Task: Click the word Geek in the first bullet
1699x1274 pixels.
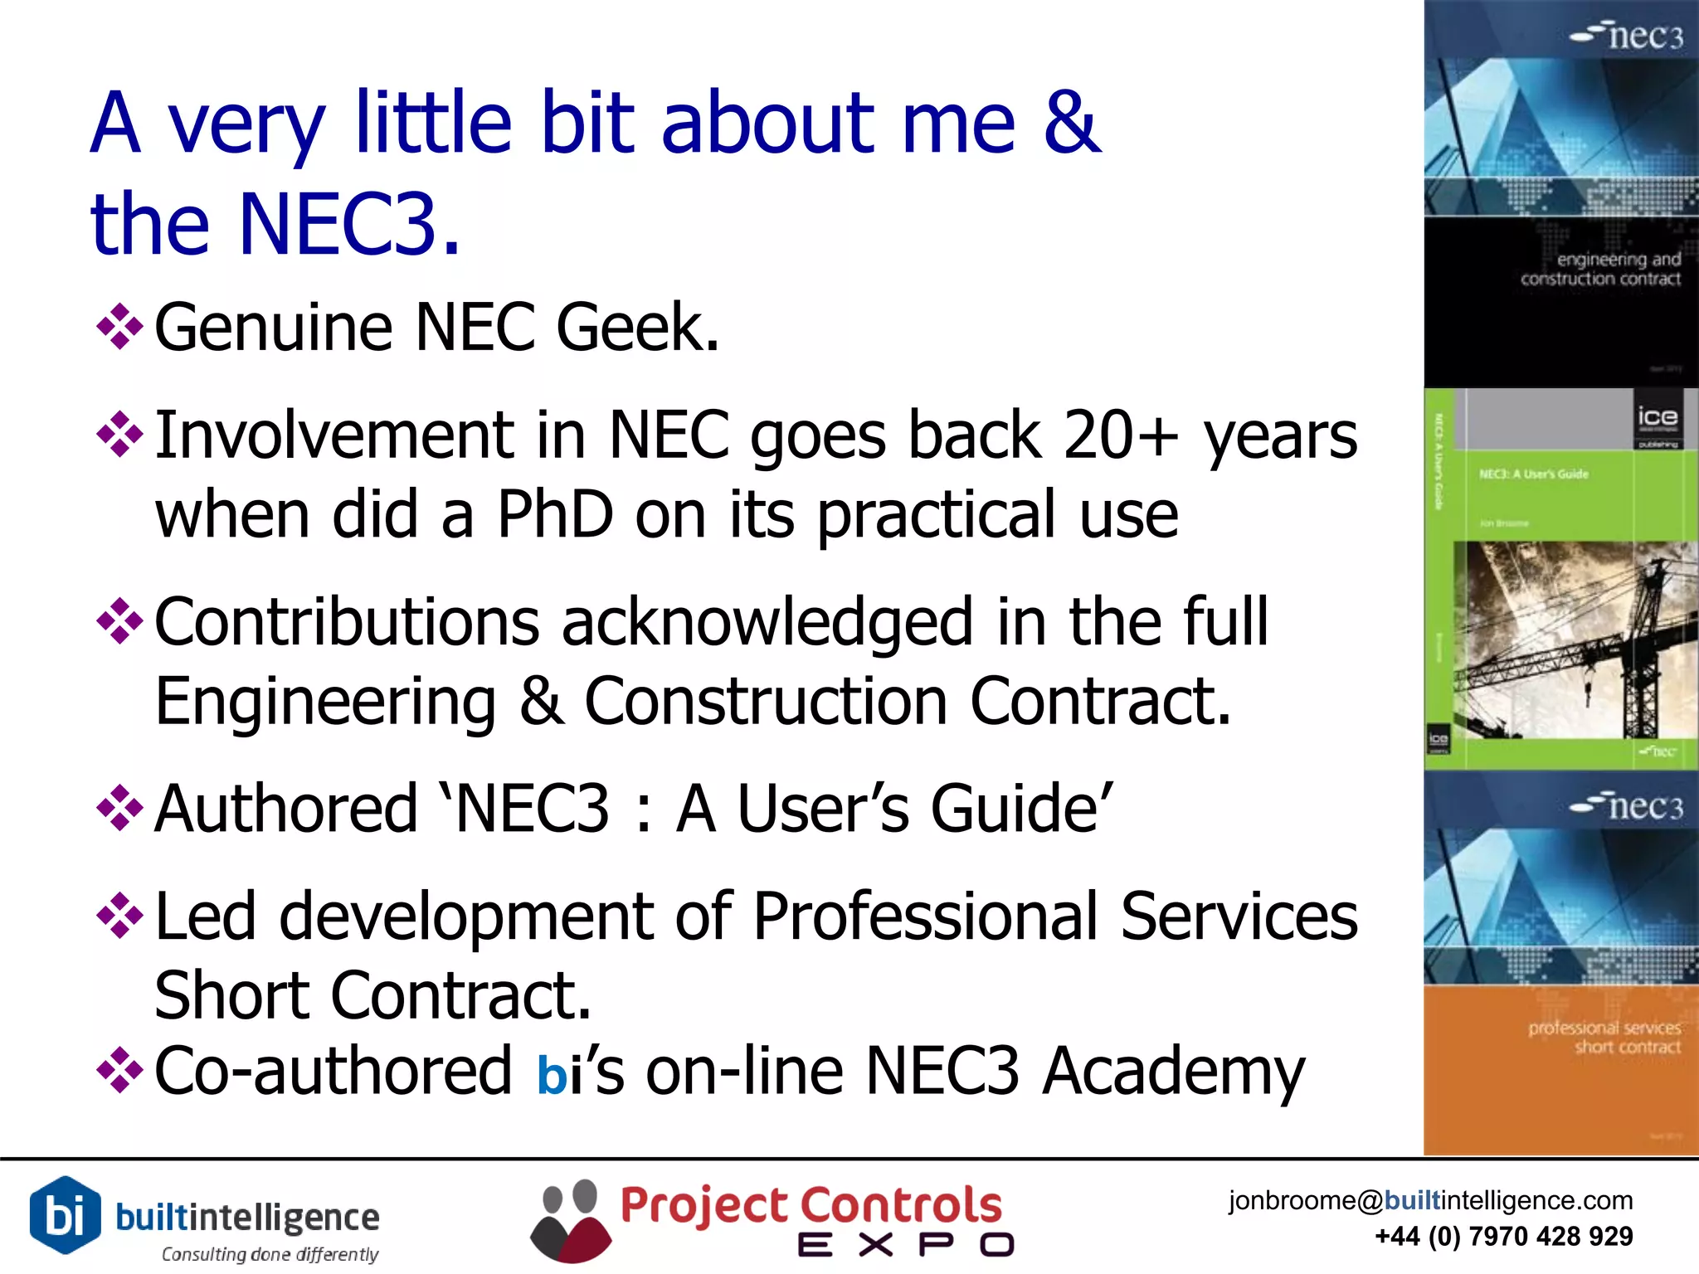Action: [x=636, y=328]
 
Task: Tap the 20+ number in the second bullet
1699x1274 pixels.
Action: [x=1120, y=435]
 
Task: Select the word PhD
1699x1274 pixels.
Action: [x=555, y=514]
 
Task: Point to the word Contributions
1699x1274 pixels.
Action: [x=348, y=622]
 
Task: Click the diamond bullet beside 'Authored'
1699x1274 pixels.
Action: [x=120, y=807]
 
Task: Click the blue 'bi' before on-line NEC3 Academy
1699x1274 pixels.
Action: [x=560, y=1073]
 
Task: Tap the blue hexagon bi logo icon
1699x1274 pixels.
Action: [x=65, y=1215]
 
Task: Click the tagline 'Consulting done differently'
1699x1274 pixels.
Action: [x=270, y=1254]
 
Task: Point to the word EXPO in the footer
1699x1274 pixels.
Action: [x=906, y=1245]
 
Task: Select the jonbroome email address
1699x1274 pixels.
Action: [x=1430, y=1200]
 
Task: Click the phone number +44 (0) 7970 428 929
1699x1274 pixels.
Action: [x=1503, y=1237]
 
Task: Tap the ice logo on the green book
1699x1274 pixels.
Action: [x=1658, y=420]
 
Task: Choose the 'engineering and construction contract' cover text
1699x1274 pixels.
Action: [x=1601, y=270]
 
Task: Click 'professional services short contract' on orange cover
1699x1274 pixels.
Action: [x=1604, y=1037]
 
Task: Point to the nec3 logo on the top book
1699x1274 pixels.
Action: [x=1628, y=36]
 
